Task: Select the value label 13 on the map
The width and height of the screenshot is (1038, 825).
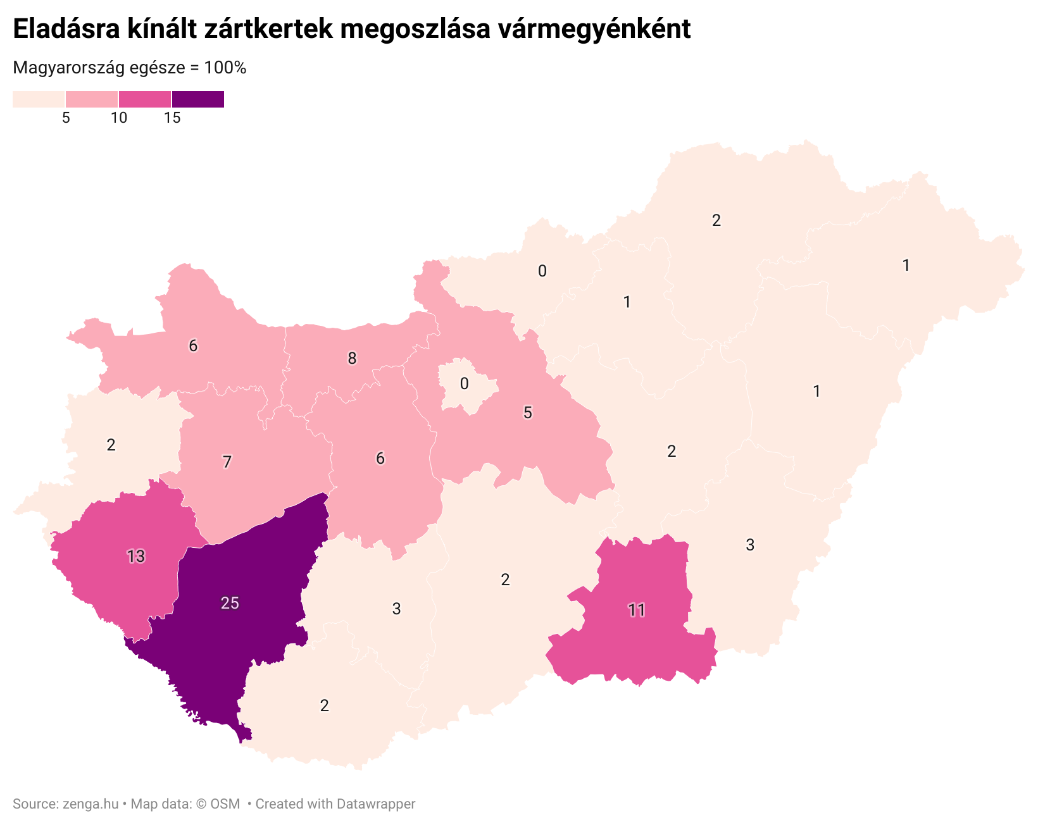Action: [x=135, y=556]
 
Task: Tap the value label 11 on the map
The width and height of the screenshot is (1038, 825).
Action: [x=636, y=610]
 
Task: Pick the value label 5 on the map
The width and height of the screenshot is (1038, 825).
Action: [x=527, y=412]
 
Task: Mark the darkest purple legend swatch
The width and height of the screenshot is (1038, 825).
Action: [x=197, y=99]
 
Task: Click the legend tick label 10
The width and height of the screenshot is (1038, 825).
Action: [x=119, y=118]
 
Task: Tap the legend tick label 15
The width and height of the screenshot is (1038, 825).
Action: [x=172, y=118]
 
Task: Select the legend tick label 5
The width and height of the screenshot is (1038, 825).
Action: [x=66, y=118]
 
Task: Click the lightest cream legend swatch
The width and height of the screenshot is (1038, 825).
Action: [x=39, y=99]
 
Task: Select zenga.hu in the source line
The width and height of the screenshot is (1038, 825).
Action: [x=91, y=804]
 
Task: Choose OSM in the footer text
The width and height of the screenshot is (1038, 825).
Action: [x=225, y=804]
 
